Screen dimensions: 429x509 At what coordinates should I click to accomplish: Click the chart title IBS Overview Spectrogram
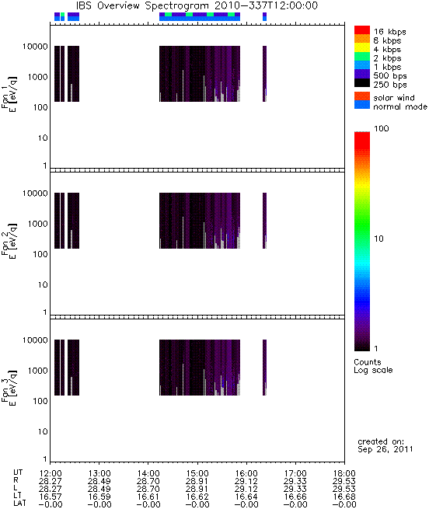point(142,5)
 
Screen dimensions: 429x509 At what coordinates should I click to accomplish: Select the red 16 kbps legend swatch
point(362,30)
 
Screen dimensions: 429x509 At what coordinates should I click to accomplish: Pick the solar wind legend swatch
point(362,96)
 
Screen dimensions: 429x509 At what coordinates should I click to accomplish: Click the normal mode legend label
point(400,106)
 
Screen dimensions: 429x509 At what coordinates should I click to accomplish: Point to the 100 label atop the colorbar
point(382,128)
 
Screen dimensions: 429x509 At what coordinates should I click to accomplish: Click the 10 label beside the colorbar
point(378,239)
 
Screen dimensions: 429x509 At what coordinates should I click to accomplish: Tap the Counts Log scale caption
point(373,366)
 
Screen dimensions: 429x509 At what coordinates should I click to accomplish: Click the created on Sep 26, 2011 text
point(385,445)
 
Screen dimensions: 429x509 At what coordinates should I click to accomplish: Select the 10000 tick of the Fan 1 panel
point(35,47)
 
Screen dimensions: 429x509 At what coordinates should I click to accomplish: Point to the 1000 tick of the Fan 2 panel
point(37,224)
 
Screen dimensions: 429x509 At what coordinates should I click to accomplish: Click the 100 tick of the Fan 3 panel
point(40,401)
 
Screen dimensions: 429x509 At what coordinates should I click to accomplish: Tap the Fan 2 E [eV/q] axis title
point(9,241)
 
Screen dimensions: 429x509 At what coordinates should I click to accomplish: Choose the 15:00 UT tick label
point(197,473)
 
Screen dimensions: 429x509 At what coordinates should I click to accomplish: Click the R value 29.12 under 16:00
point(246,481)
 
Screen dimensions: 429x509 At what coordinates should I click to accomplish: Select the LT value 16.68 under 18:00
point(344,497)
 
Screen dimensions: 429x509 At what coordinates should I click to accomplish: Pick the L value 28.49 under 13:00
point(99,489)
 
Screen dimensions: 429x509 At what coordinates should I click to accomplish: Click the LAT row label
point(19,504)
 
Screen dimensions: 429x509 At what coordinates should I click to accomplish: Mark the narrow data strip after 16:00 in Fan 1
point(264,74)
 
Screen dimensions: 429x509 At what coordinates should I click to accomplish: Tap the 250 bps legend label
point(389,85)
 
